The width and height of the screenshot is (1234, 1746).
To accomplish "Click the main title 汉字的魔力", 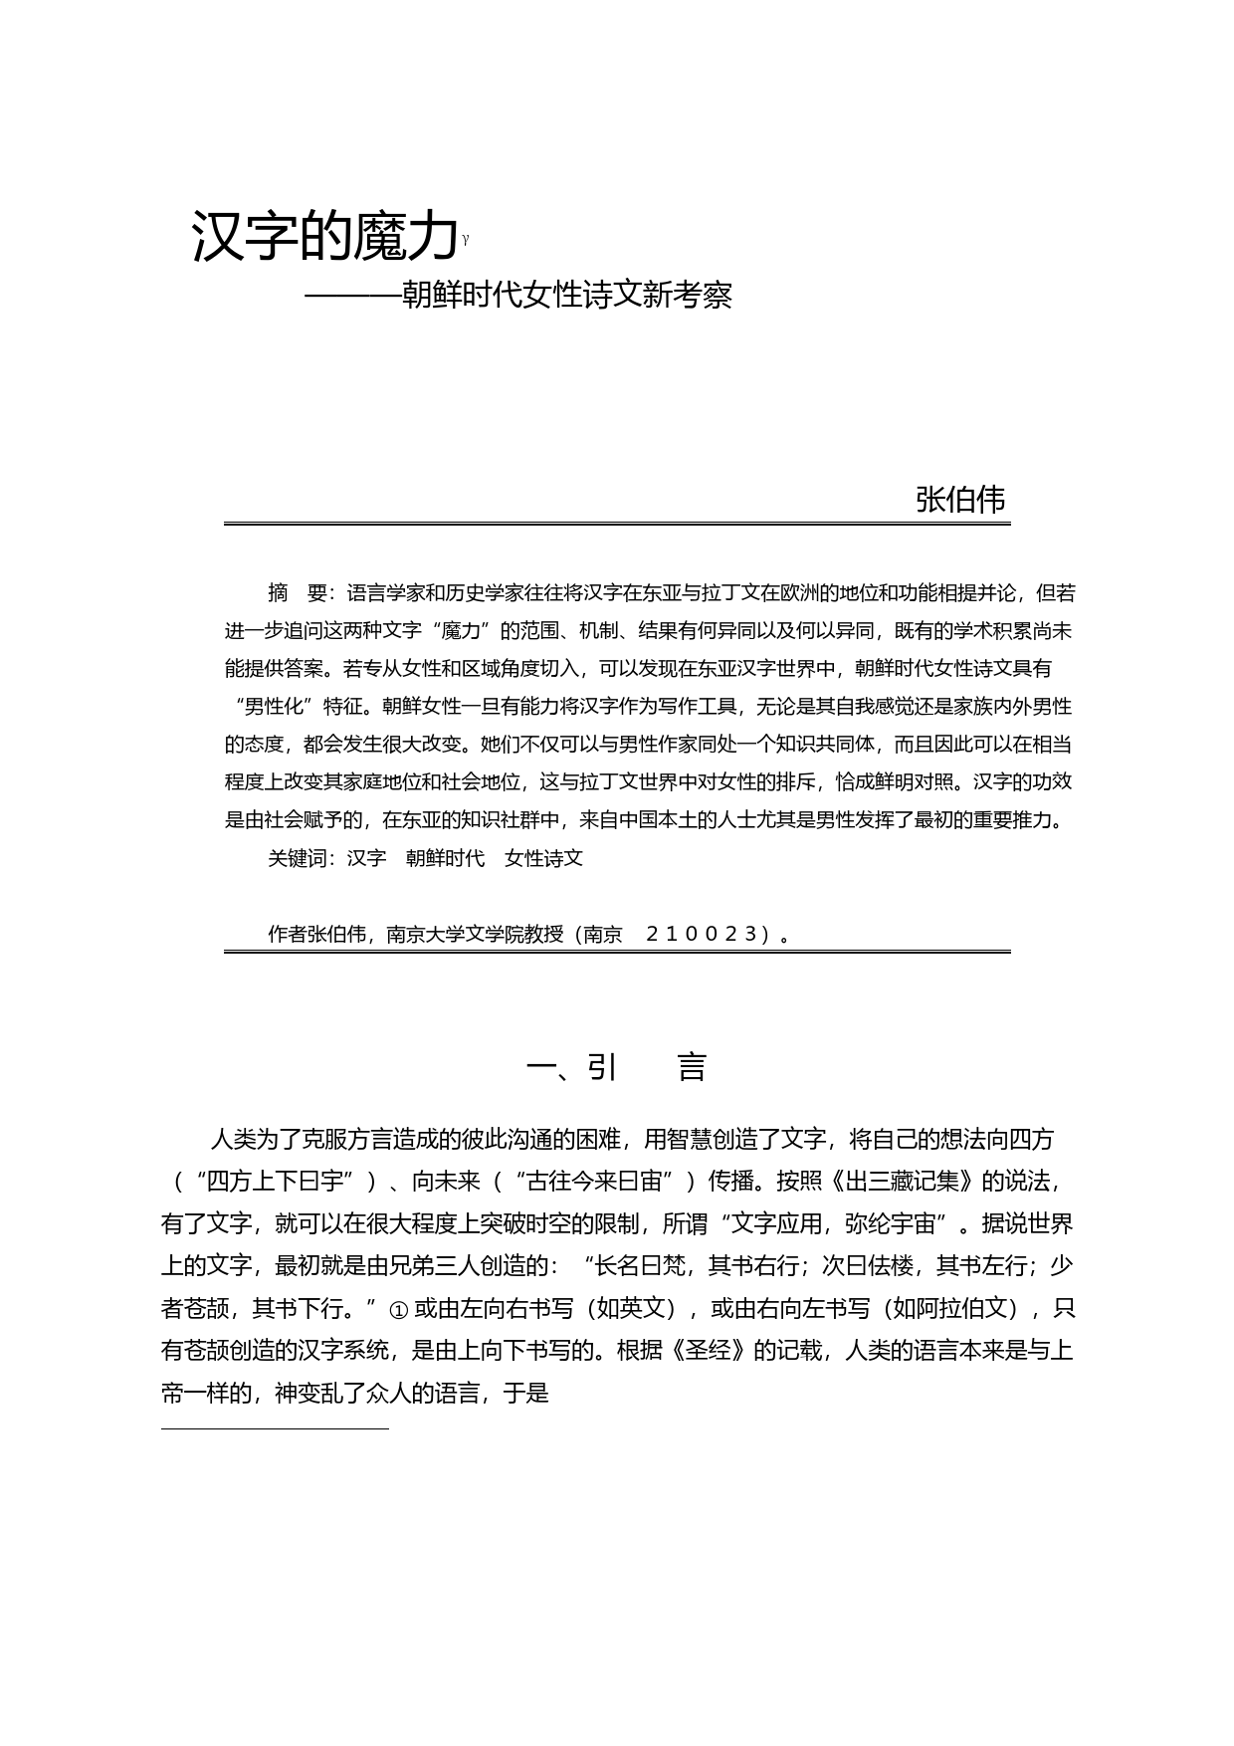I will coord(325,237).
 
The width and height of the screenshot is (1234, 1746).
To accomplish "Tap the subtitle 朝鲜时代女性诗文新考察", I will coord(565,296).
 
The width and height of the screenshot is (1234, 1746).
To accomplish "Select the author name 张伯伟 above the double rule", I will coord(960,500).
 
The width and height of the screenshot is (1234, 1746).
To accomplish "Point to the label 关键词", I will coord(302,858).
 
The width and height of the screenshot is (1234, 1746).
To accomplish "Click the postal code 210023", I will coord(702,934).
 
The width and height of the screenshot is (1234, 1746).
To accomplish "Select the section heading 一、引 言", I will coord(616,1067).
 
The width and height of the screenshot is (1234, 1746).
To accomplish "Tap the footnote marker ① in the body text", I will coord(398,1310).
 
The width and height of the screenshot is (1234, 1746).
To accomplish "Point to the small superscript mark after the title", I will coord(466,239).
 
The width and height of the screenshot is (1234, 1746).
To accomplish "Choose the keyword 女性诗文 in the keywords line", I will coord(543,858).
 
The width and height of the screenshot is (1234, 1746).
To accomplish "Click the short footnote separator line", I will coord(275,1429).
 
